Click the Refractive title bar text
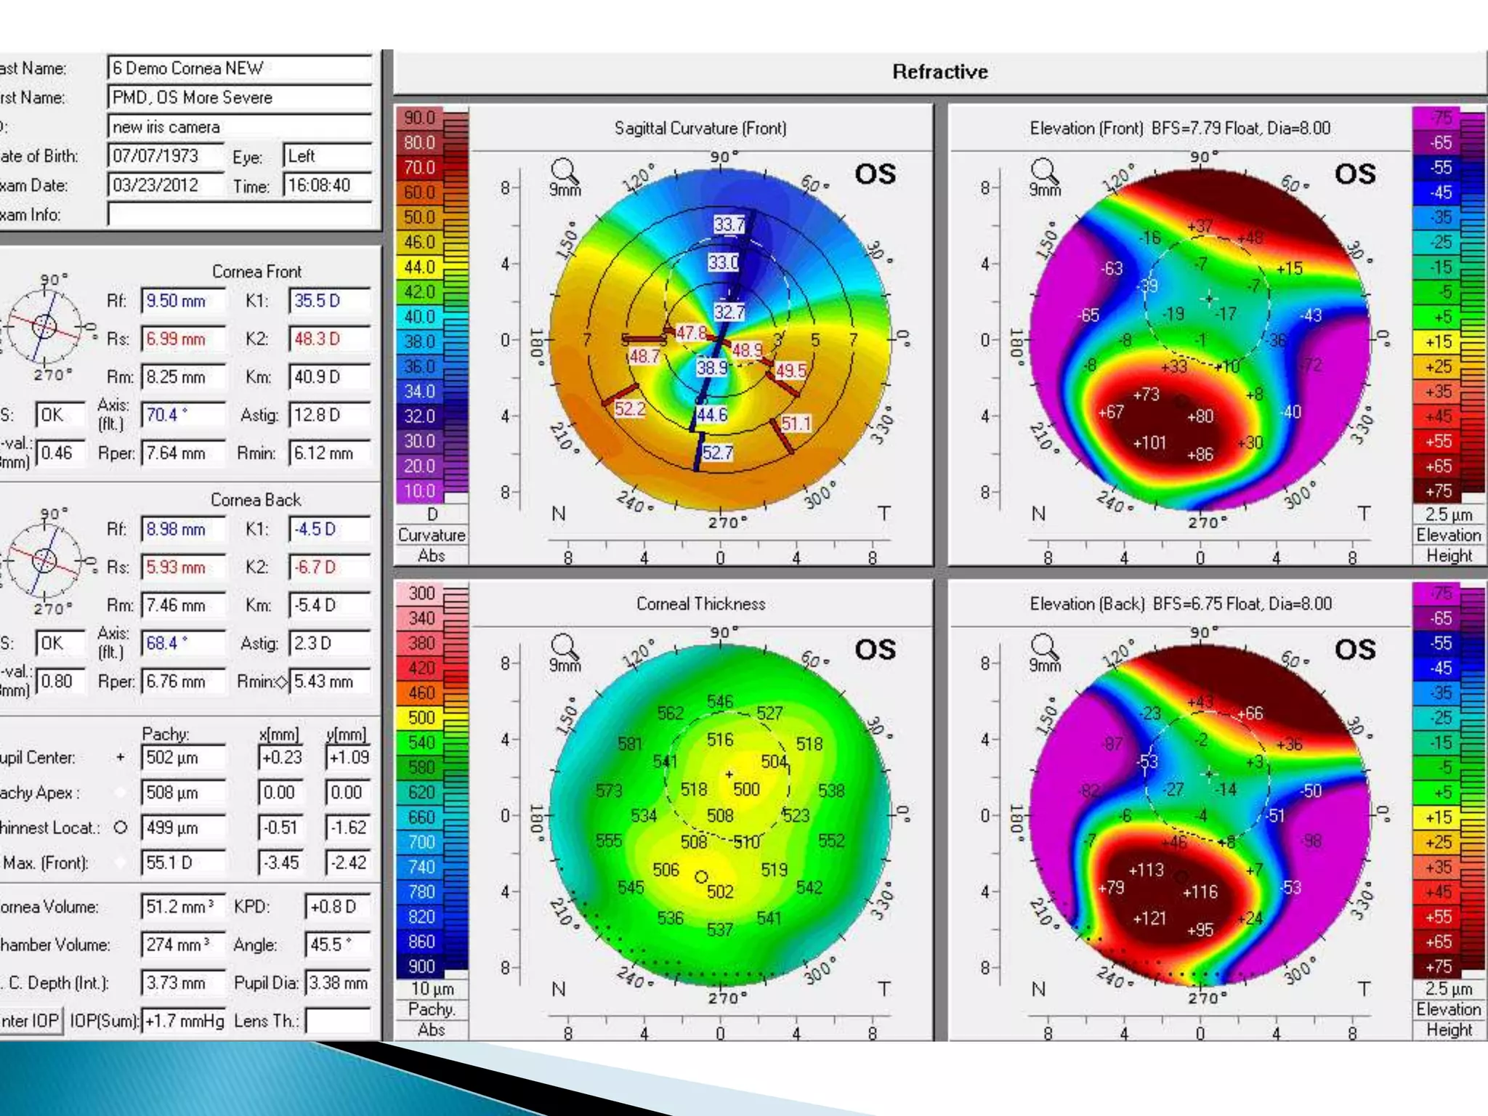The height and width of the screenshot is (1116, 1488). pos(939,72)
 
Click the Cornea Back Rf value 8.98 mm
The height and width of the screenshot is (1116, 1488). pos(182,529)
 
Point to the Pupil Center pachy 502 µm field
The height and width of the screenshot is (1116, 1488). pos(182,757)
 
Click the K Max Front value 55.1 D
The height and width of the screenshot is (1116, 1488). pos(182,862)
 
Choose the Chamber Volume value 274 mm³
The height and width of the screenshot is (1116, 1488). pos(182,945)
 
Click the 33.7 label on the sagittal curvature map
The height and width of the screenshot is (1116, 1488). pos(729,225)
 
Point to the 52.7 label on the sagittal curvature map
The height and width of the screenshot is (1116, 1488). pos(717,453)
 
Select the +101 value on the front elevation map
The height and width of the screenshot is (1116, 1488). pos(1149,442)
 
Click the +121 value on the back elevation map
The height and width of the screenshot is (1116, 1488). pos(1149,918)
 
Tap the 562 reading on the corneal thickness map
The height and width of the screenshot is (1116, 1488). pos(670,713)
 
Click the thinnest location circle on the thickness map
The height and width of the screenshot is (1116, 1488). pos(701,877)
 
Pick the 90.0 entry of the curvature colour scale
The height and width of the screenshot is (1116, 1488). pos(420,118)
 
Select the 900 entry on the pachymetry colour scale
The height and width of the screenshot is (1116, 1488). pos(421,966)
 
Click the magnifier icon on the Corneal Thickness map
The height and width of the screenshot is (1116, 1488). pos(564,645)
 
